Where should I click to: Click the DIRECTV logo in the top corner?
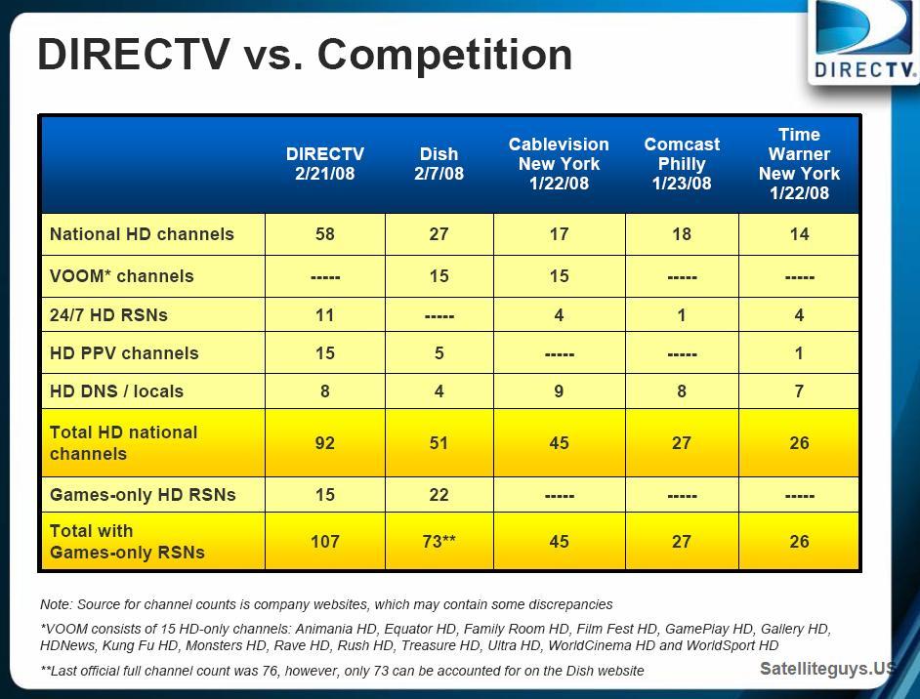[x=863, y=41]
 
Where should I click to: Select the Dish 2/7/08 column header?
[x=439, y=164]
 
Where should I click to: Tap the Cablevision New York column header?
[x=559, y=164]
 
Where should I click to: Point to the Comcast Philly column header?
[x=682, y=164]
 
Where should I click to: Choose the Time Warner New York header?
[x=799, y=164]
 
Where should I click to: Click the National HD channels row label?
[x=142, y=234]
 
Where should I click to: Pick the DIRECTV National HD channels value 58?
[x=325, y=234]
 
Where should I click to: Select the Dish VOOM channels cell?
[x=439, y=276]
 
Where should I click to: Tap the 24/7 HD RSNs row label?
[x=108, y=315]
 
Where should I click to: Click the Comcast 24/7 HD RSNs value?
[x=682, y=315]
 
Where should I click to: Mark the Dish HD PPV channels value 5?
[x=439, y=353]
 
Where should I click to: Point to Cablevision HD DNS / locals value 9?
[x=559, y=391]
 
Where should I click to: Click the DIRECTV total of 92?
[x=325, y=443]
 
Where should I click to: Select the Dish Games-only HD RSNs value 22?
[x=439, y=494]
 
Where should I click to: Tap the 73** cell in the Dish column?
[x=439, y=541]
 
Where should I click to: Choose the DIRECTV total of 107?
[x=325, y=541]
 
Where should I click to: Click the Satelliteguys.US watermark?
[x=828, y=669]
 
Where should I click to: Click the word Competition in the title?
[x=444, y=55]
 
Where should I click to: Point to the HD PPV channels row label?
[x=124, y=353]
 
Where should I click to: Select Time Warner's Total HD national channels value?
[x=799, y=443]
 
